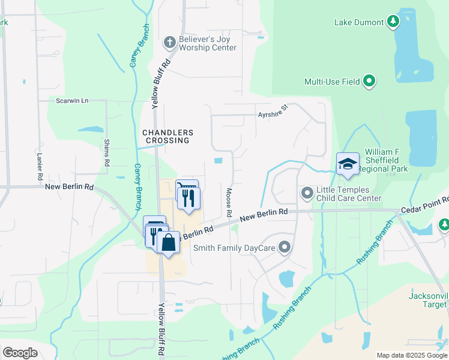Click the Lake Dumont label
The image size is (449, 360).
358,22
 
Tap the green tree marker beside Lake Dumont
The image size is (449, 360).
393,22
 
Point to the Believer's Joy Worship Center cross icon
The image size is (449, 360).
169,42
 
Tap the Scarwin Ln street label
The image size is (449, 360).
72,101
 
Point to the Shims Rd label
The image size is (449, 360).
107,153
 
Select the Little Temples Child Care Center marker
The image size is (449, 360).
307,193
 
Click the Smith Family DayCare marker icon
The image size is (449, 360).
285,247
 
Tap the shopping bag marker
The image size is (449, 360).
169,243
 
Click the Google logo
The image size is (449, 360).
20,353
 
